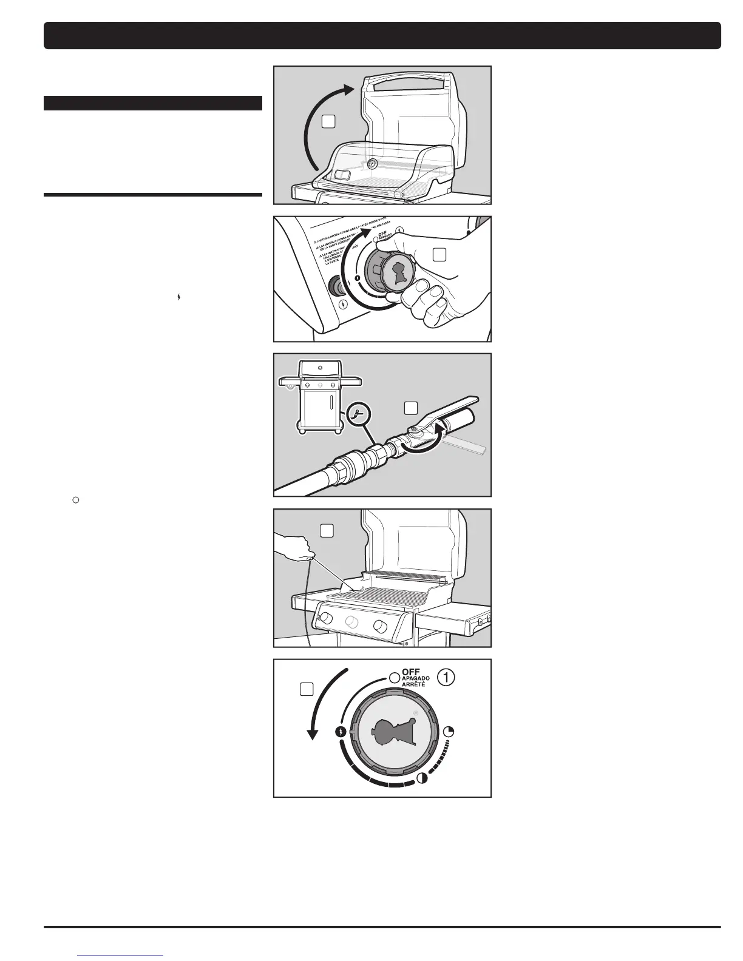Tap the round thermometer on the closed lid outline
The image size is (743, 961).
click(371, 164)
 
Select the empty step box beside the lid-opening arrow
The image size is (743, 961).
click(328, 121)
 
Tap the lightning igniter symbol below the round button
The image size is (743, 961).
click(344, 305)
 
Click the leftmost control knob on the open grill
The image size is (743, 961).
click(325, 618)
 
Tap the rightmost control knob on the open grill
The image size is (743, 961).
click(381, 625)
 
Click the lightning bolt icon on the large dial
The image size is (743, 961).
click(341, 732)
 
